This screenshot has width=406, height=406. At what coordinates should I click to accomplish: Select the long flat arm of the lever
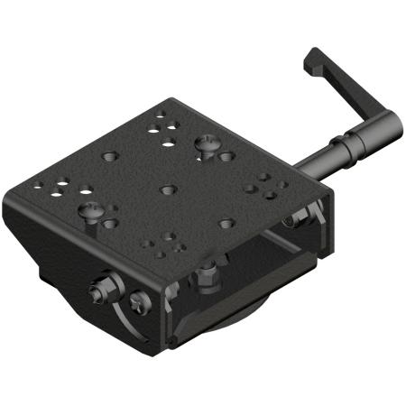[356, 91]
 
